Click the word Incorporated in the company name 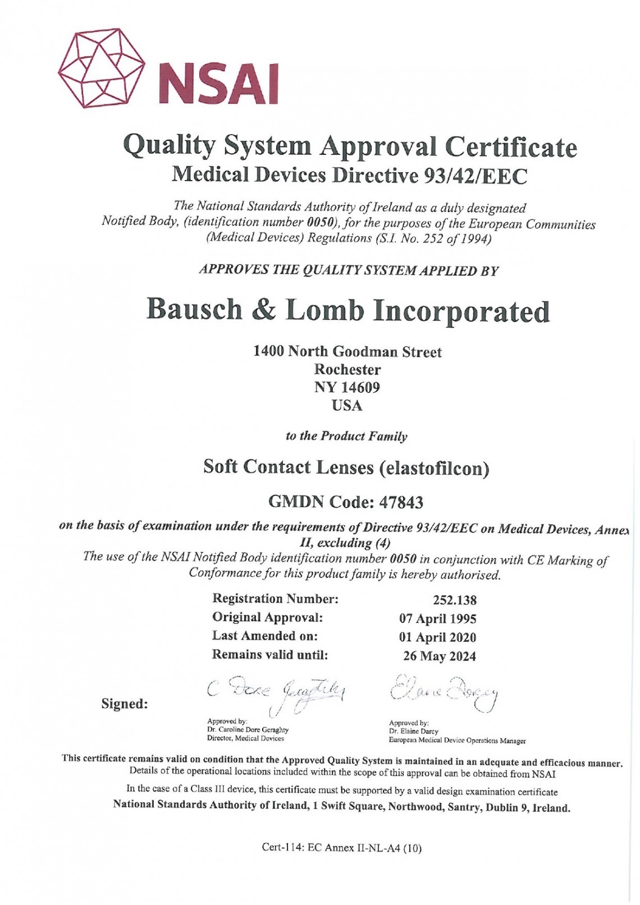coord(461,311)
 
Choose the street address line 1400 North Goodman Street coord(348,352)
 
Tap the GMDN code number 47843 coord(401,502)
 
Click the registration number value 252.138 coord(455,600)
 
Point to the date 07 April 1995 coord(438,619)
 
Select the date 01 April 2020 coord(438,637)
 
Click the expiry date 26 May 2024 coord(440,656)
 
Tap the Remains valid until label coord(270,655)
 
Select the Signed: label coord(125,704)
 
